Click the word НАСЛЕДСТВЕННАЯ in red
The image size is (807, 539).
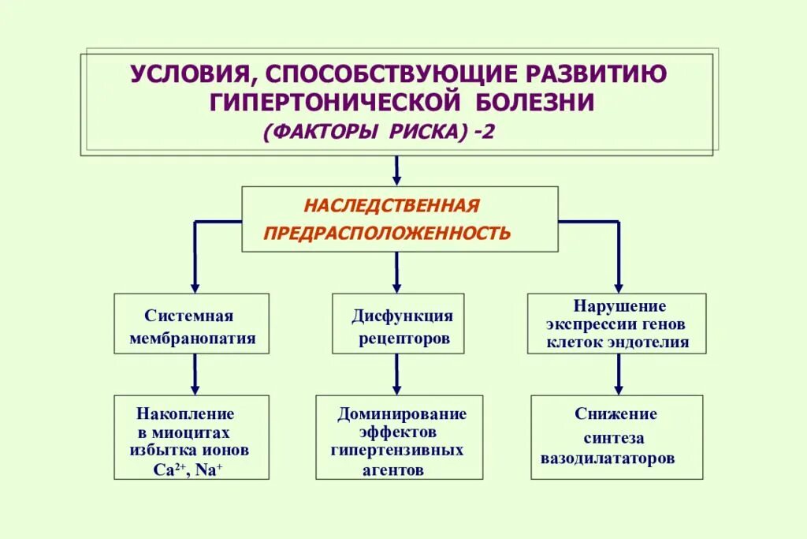tap(392, 206)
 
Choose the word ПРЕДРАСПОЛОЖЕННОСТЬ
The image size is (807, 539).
tap(387, 233)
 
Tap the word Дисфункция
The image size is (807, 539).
tap(402, 316)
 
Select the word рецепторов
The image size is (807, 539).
tap(404, 339)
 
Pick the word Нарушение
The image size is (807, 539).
tap(619, 306)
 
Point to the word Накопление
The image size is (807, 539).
tap(186, 413)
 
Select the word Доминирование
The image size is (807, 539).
tap(402, 414)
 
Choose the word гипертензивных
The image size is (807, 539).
tap(397, 450)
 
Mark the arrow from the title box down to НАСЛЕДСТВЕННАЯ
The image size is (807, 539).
tap(396, 170)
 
